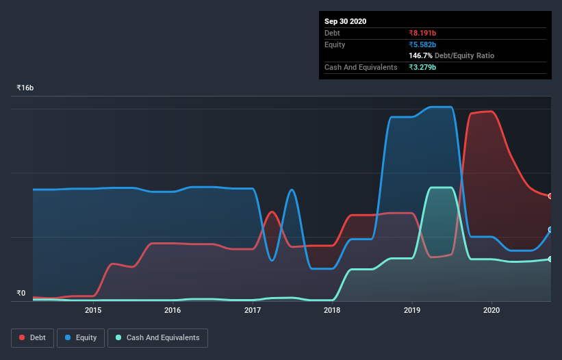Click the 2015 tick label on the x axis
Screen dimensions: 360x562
[93, 310]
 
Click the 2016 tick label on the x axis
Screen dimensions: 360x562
[173, 310]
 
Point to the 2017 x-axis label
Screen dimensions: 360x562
[253, 310]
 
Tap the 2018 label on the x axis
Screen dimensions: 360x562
[332, 310]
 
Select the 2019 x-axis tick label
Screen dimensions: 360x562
[412, 310]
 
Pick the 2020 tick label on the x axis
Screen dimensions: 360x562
[491, 310]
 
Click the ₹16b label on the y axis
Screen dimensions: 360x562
[25, 88]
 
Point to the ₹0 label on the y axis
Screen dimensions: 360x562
[21, 294]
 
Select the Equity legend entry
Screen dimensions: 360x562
[81, 337]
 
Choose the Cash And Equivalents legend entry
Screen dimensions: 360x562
[157, 337]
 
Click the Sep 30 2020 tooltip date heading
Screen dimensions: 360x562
[345, 21]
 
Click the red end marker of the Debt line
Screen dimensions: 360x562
[550, 196]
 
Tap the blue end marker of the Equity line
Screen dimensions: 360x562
[550, 230]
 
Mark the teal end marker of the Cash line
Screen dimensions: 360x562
[550, 259]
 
